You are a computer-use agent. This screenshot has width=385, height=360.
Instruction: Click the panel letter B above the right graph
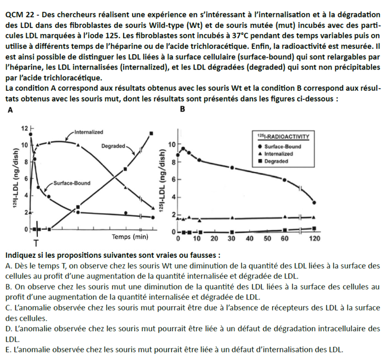click(x=182, y=109)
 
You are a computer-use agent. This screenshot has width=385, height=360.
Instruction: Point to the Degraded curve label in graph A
click(x=113, y=145)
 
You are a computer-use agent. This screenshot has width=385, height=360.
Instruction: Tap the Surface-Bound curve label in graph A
click(x=71, y=183)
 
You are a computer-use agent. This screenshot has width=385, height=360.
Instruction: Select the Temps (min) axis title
click(x=130, y=237)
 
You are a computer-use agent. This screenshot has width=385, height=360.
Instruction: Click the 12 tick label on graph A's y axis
click(x=25, y=128)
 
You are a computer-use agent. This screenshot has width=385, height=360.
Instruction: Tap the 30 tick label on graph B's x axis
click(x=232, y=239)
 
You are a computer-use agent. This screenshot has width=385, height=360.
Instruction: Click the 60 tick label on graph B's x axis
click(x=285, y=239)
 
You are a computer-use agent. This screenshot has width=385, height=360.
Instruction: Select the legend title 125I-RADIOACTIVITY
click(x=283, y=136)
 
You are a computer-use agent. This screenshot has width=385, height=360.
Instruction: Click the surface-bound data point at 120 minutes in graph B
click(x=314, y=202)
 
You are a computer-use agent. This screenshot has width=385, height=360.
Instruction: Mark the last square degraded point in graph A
click(x=152, y=133)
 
